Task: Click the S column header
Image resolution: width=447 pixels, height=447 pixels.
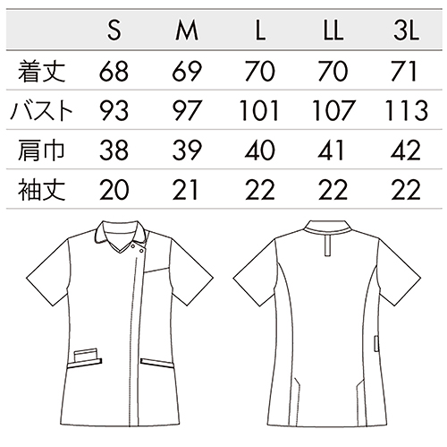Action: (x=114, y=31)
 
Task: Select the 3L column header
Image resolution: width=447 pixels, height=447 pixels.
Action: (x=406, y=31)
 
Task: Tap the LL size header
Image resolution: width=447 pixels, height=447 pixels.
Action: (x=333, y=31)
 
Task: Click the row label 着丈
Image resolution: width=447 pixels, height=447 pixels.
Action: (x=41, y=72)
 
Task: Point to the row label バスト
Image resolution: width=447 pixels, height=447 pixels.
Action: (x=41, y=111)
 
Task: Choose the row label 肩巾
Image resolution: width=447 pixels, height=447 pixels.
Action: (x=41, y=150)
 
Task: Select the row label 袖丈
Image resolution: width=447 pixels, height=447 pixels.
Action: (x=41, y=190)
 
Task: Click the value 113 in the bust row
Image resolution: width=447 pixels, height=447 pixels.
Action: (x=407, y=111)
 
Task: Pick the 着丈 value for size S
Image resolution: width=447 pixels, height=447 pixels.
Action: (x=114, y=72)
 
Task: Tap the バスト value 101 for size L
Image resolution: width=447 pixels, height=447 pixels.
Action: (x=259, y=111)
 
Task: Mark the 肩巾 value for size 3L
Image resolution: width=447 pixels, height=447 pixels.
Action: (x=406, y=150)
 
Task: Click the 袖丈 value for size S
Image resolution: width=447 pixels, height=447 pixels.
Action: (x=114, y=190)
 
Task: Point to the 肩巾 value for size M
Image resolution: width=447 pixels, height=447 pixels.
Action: (x=187, y=150)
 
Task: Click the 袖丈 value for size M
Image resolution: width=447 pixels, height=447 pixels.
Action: (x=185, y=190)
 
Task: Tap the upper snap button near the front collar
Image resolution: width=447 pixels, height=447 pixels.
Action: (x=133, y=246)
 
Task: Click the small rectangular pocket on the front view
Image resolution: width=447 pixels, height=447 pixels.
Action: (x=86, y=355)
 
